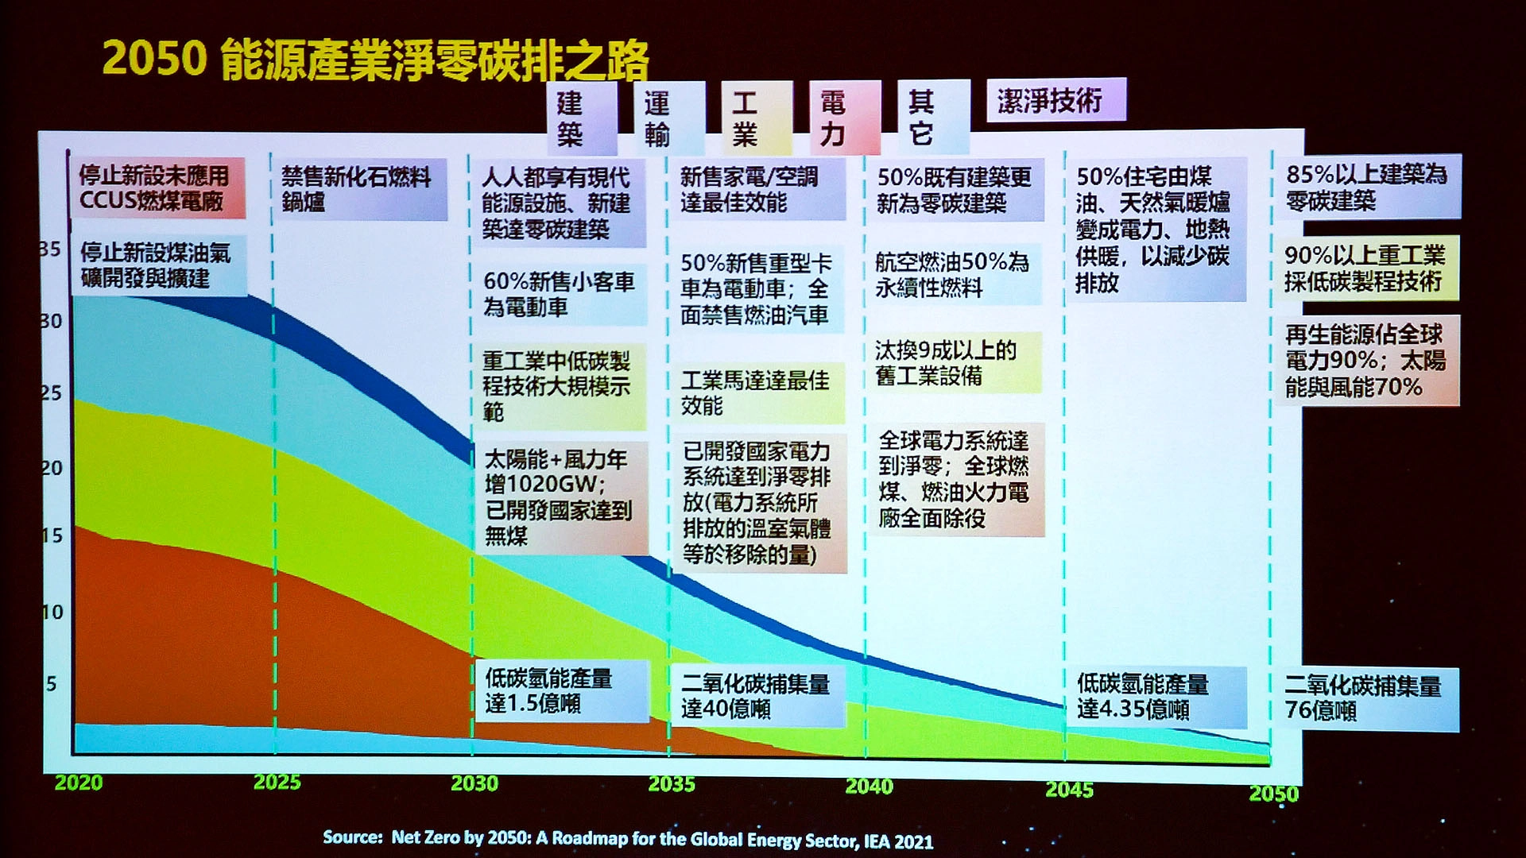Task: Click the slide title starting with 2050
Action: (x=375, y=60)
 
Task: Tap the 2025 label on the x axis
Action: (x=277, y=783)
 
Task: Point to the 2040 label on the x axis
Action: (x=869, y=786)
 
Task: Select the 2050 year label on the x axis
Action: (x=1273, y=794)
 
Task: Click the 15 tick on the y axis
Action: (x=52, y=535)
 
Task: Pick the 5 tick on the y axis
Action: (x=52, y=683)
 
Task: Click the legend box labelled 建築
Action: (x=582, y=118)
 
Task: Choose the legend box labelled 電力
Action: (x=845, y=118)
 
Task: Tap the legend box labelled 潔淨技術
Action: (x=1056, y=100)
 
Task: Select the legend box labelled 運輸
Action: (x=670, y=118)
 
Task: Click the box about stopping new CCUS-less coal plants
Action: (x=157, y=188)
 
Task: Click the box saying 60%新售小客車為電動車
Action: (x=560, y=294)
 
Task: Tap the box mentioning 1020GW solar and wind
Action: (x=561, y=497)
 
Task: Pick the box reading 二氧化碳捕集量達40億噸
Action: (x=757, y=697)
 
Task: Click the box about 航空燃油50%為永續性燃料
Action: (x=954, y=274)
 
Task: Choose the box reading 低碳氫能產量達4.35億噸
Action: (x=1156, y=697)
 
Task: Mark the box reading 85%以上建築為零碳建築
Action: (x=1368, y=187)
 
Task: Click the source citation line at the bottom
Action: (x=628, y=839)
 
